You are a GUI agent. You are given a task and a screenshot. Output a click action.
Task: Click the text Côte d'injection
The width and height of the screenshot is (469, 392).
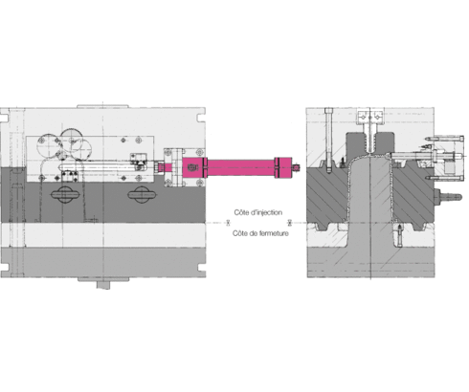point(257,211)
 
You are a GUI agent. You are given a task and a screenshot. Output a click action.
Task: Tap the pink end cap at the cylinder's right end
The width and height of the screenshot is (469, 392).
point(284,166)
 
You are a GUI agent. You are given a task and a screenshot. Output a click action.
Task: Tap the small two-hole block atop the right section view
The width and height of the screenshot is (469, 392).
point(369,118)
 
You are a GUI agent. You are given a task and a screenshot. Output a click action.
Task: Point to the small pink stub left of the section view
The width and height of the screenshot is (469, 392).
point(301,166)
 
